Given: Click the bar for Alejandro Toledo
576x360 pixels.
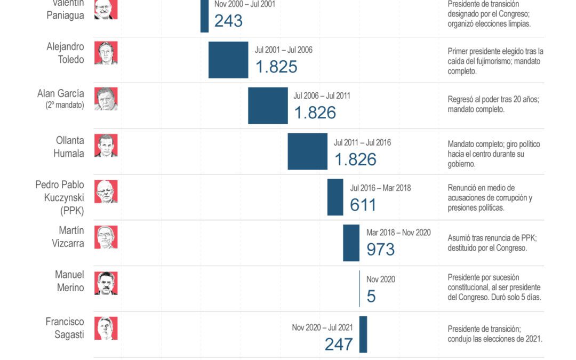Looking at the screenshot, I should (x=228, y=60).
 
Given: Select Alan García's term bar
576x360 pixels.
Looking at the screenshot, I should (x=268, y=106).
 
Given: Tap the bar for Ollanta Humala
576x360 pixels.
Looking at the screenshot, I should (x=307, y=151).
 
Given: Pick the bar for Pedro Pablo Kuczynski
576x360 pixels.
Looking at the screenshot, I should (x=335, y=197).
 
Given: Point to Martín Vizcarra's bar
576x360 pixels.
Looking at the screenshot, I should (x=351, y=243).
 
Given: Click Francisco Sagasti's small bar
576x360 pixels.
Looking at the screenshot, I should (x=363, y=334).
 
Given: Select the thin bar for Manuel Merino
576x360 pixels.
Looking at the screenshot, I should (x=359, y=289).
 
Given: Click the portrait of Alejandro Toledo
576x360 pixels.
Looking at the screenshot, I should (x=106, y=53).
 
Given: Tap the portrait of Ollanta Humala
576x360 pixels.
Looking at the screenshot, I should (x=106, y=145).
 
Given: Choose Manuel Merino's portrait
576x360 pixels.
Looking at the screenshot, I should (x=106, y=283).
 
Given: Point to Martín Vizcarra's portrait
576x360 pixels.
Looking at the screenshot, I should (x=106, y=237).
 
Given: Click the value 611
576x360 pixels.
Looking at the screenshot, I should (x=363, y=205).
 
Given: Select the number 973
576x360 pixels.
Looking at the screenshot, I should (x=380, y=249).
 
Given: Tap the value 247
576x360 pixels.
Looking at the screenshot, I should (x=339, y=344).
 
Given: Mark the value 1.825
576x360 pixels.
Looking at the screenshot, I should (x=276, y=67).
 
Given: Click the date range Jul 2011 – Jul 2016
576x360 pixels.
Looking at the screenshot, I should (x=362, y=143).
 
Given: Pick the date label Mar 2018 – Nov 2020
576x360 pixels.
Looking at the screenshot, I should (x=398, y=233).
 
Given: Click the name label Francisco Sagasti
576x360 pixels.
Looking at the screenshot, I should (x=65, y=329).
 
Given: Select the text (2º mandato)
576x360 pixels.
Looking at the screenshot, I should (x=65, y=105).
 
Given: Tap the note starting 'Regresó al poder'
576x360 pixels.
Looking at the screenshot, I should (x=493, y=104).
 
